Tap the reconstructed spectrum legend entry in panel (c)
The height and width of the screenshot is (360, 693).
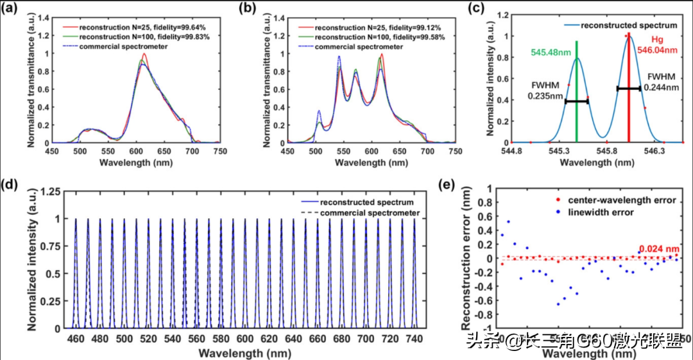click(629, 25)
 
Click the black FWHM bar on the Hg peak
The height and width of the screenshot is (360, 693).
click(629, 88)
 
